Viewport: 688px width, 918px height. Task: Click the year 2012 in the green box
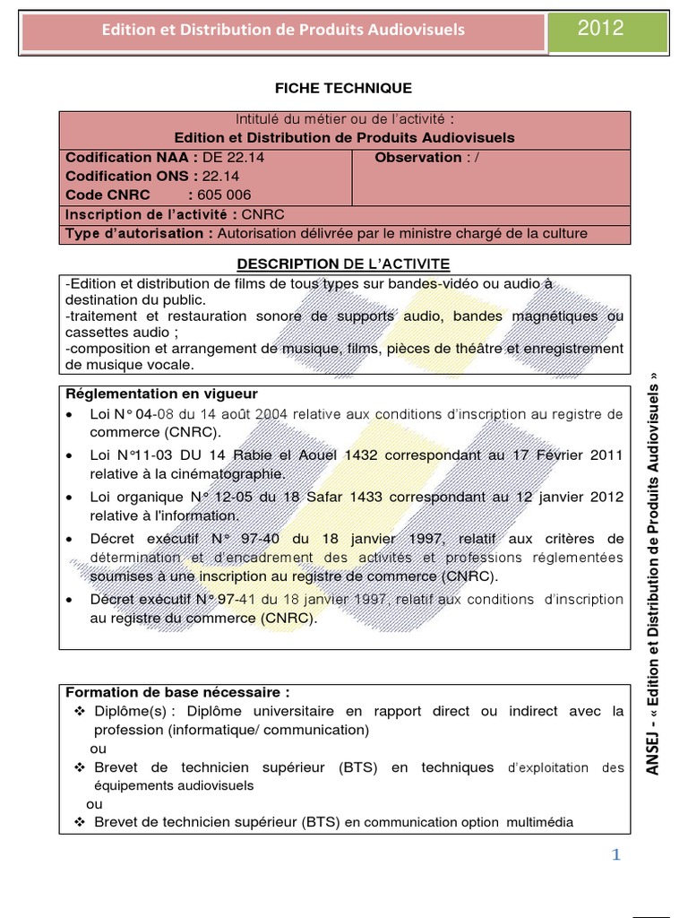click(600, 29)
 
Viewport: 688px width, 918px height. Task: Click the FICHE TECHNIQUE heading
click(343, 88)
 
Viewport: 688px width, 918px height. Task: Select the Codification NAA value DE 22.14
click(228, 157)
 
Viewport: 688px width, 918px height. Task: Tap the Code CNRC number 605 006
click(225, 195)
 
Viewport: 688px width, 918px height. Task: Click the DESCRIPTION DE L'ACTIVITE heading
click(343, 263)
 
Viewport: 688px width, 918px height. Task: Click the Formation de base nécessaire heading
click(178, 692)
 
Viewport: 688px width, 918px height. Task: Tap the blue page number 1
click(615, 855)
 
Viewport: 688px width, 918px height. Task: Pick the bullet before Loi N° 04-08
click(70, 415)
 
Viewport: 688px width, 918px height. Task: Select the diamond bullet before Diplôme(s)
click(80, 712)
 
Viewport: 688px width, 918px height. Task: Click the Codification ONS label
click(120, 176)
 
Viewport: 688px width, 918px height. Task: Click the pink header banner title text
click(284, 30)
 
